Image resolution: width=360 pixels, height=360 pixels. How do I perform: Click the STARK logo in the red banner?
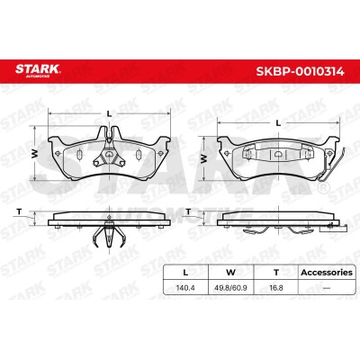coord(38,70)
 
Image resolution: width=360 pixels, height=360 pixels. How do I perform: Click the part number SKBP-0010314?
coord(300,71)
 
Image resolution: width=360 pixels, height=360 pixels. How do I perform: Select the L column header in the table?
coord(185,273)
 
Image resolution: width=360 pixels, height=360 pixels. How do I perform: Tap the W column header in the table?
coord(230,273)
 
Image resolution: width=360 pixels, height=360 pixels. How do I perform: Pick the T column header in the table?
coord(276,273)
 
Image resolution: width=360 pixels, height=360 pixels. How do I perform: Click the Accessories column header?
coord(327,273)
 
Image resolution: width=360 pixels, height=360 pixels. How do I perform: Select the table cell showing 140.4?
coord(185,288)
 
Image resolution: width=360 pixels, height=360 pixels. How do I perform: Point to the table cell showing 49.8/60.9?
coord(230,288)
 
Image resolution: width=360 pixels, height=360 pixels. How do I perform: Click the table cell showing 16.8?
coord(276,288)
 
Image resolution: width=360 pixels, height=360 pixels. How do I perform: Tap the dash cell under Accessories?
coord(327,288)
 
